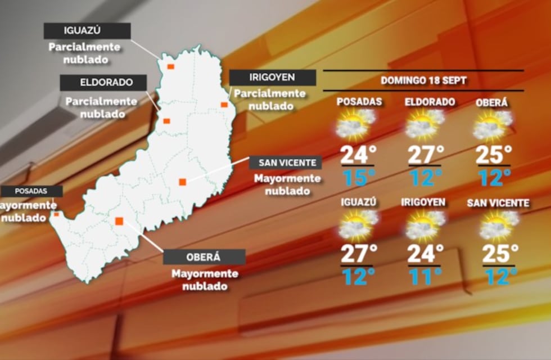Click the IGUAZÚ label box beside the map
87,31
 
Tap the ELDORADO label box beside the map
103,83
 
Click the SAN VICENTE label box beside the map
286,163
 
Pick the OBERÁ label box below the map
204,257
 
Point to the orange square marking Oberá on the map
119,221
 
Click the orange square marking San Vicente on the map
182,182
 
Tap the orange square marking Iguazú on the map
170,66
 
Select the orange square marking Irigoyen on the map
224,105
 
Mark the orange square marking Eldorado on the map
166,120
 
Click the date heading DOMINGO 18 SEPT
423,80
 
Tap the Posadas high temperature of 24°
358,154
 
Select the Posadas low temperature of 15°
358,178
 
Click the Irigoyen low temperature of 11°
426,276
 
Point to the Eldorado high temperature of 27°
426,154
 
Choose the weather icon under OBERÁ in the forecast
492,125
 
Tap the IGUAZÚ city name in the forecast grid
357,202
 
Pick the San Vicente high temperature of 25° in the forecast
499,253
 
